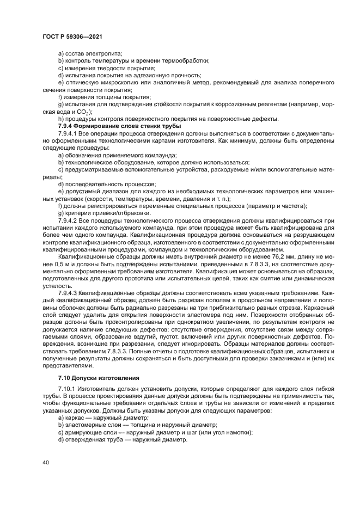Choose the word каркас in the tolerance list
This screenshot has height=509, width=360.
[73, 418]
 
